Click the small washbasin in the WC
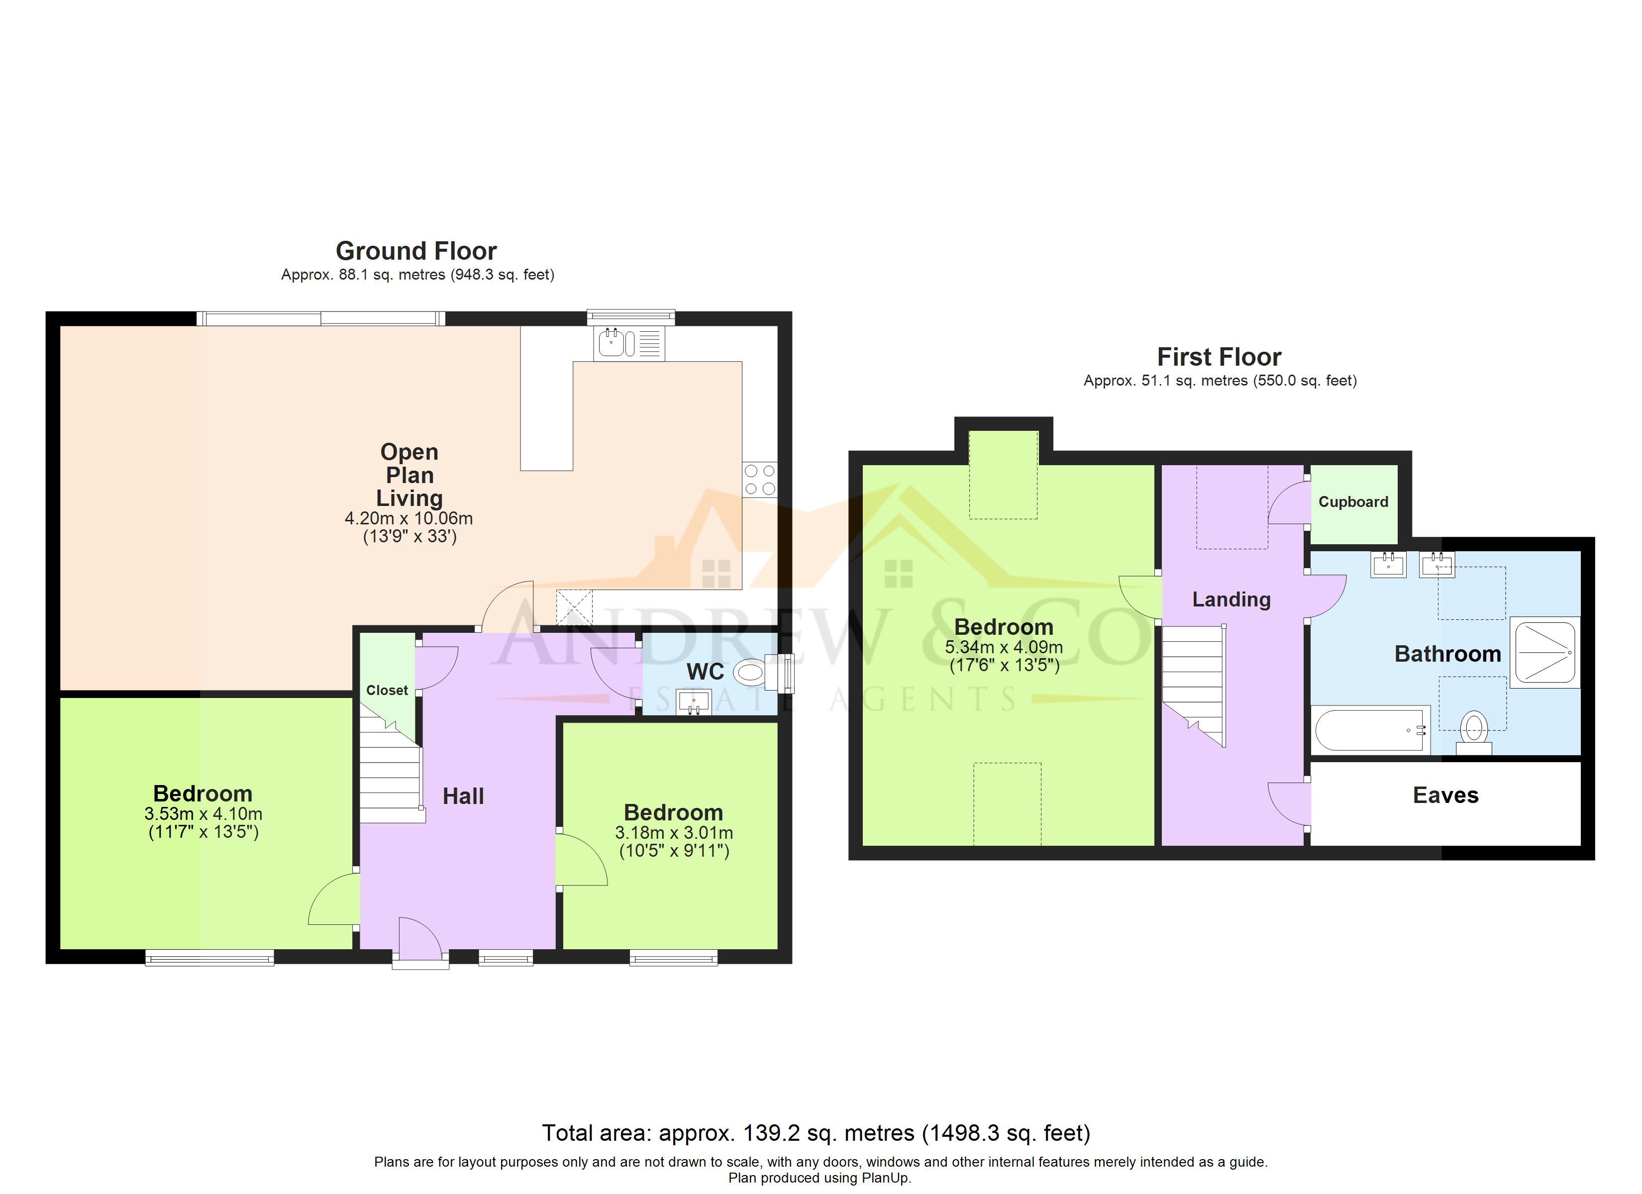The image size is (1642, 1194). (x=694, y=701)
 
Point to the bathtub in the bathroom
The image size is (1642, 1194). (x=1370, y=730)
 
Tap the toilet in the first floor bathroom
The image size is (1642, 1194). (x=1474, y=733)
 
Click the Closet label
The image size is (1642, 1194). (x=387, y=690)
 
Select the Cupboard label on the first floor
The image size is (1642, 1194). (x=1353, y=502)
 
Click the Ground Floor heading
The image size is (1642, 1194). (x=416, y=251)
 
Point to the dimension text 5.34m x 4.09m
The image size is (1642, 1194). (x=1004, y=647)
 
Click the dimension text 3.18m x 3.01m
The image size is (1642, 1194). (x=674, y=833)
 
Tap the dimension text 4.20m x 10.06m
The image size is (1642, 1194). (x=409, y=518)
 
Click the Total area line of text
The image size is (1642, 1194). (x=816, y=1133)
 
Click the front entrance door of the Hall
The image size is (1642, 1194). (x=420, y=940)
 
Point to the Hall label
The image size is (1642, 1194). (x=463, y=796)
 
